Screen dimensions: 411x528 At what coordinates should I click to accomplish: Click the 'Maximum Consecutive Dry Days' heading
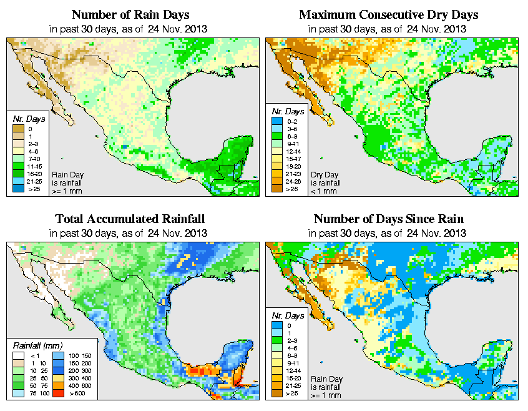[388, 14]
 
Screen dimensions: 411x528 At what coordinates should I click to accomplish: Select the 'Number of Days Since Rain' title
[388, 219]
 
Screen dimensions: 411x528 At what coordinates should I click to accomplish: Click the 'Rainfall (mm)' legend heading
[37, 344]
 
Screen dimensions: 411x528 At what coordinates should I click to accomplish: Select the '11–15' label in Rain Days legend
[33, 167]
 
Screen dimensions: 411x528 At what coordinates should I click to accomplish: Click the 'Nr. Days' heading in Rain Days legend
[26, 119]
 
